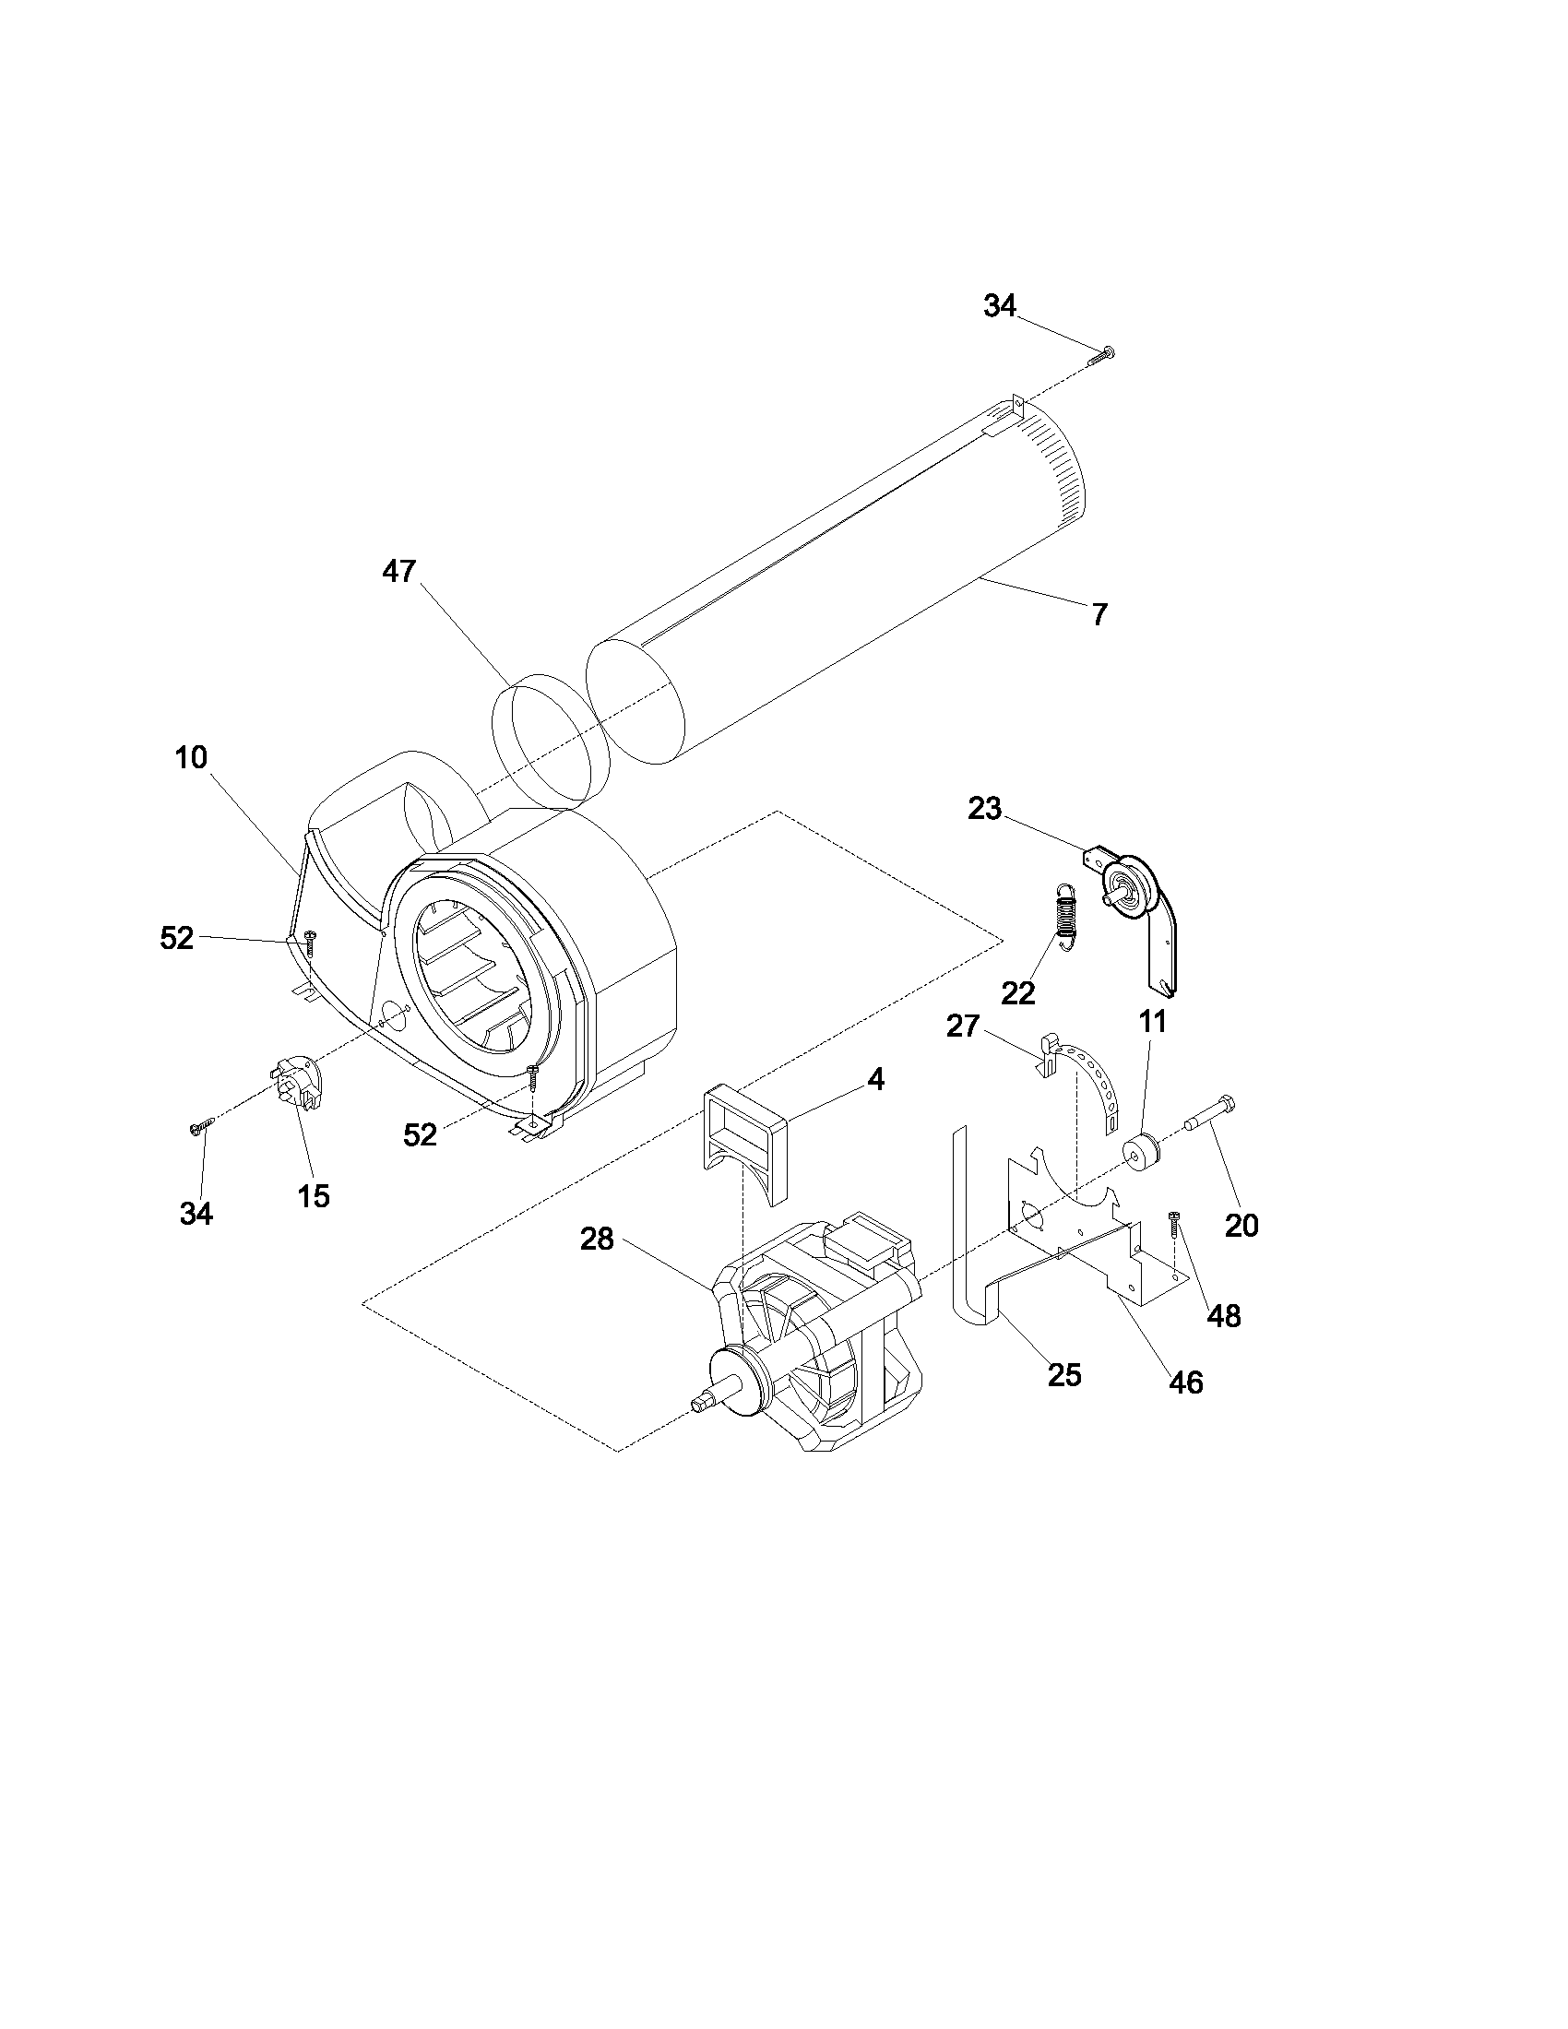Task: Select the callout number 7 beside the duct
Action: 1099,615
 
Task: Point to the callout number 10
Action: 191,757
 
